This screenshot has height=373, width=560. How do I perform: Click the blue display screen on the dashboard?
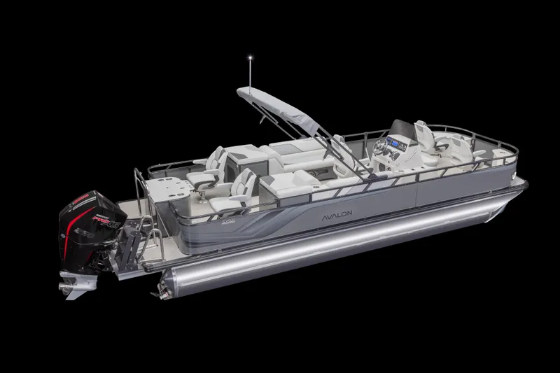coord(396,144)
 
